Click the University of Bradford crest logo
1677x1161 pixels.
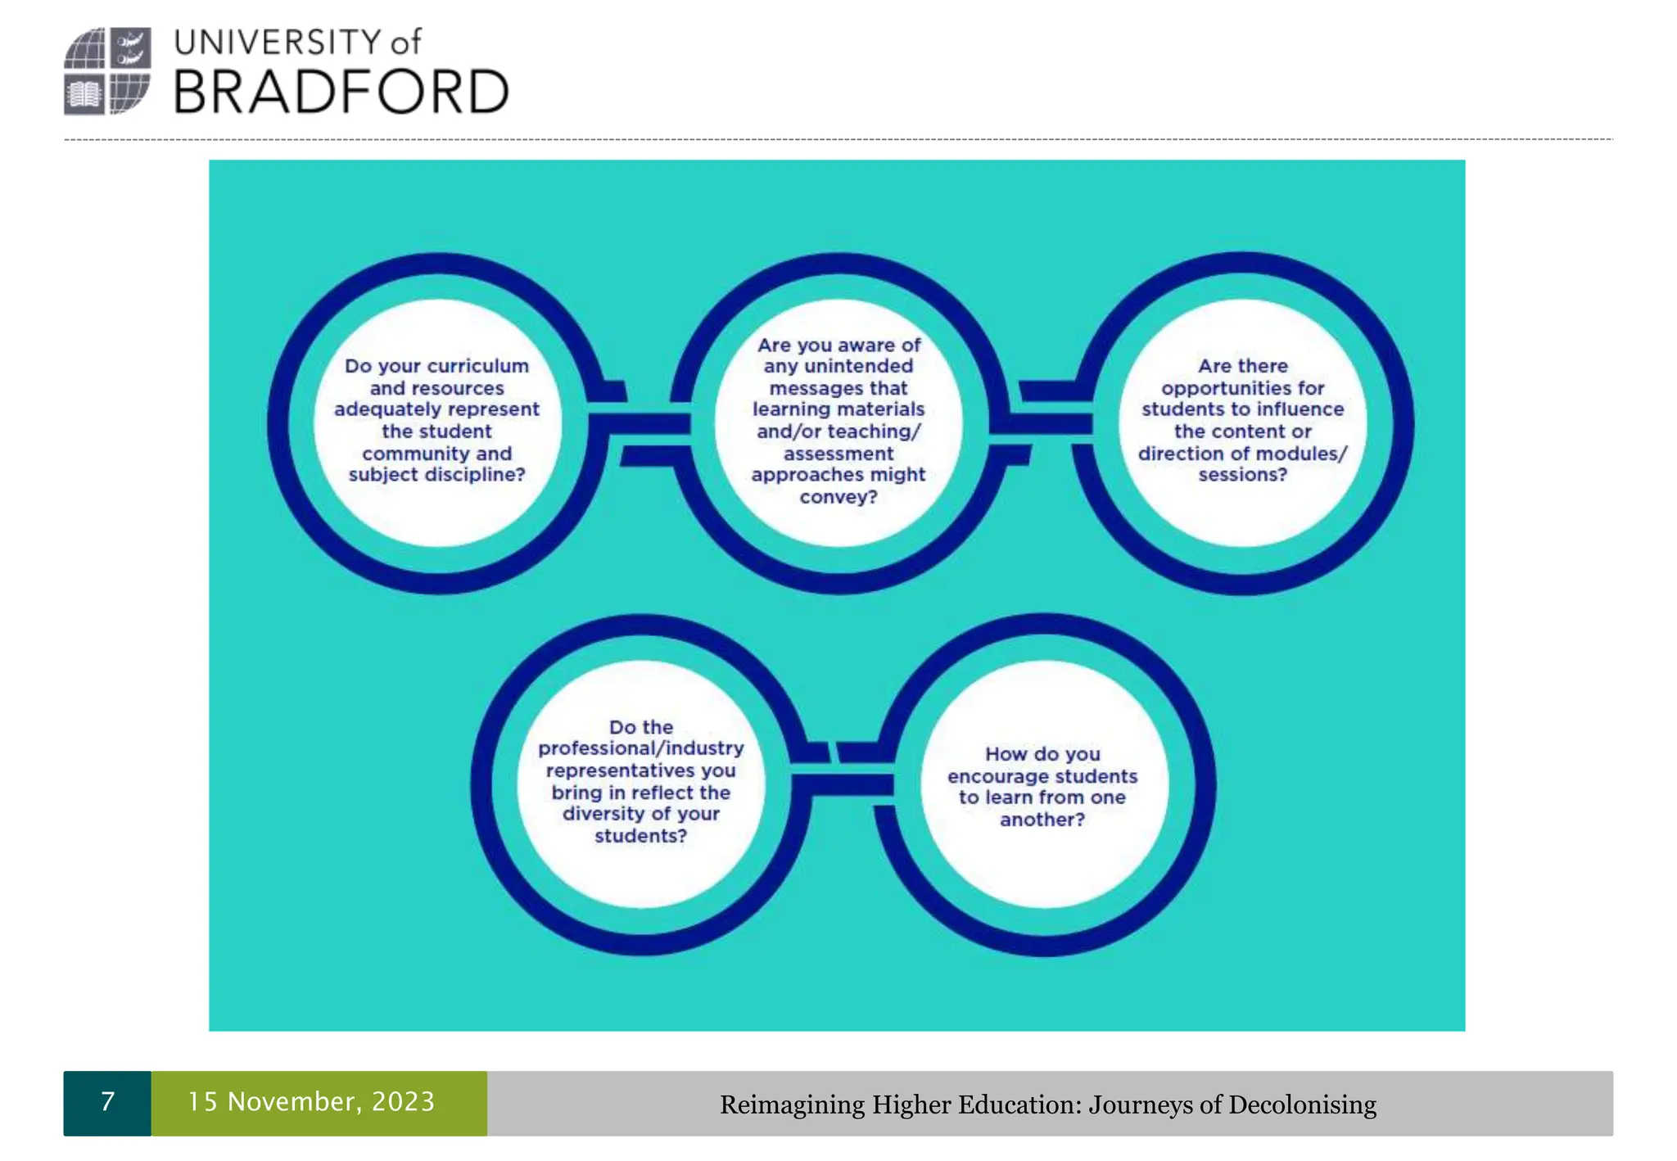[107, 71]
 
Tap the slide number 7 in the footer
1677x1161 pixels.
[107, 1102]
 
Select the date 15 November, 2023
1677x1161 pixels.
[311, 1102]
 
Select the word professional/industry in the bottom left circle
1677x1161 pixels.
[641, 748]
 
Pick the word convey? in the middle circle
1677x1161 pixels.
[838, 497]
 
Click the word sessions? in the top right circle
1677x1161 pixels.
[1242, 475]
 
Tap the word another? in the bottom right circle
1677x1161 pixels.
[1042, 820]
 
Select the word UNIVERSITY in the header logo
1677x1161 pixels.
[278, 43]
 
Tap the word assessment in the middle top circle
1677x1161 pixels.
[838, 454]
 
